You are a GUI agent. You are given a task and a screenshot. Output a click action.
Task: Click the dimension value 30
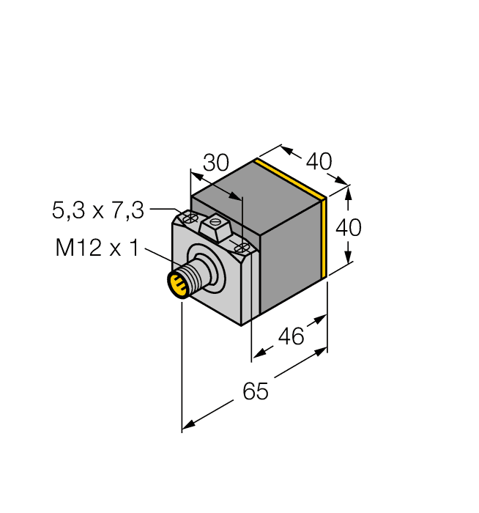click(x=215, y=163)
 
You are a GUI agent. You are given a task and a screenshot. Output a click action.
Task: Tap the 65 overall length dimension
click(x=256, y=392)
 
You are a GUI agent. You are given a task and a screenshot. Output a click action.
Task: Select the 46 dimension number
click(x=292, y=336)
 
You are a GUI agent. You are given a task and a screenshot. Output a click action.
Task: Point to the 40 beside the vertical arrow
click(x=348, y=228)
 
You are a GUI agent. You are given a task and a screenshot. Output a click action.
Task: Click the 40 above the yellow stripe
click(x=319, y=160)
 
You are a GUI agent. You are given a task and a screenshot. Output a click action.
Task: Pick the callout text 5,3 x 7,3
click(x=99, y=211)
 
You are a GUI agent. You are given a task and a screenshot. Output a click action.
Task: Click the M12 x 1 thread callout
click(x=97, y=249)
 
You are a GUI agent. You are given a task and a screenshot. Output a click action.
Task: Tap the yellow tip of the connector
click(x=177, y=284)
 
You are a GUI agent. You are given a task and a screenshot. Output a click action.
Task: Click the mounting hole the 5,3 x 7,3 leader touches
click(x=189, y=218)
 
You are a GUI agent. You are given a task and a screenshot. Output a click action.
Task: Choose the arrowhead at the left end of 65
click(x=187, y=425)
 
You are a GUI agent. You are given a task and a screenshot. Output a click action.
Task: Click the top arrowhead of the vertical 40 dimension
click(x=349, y=192)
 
